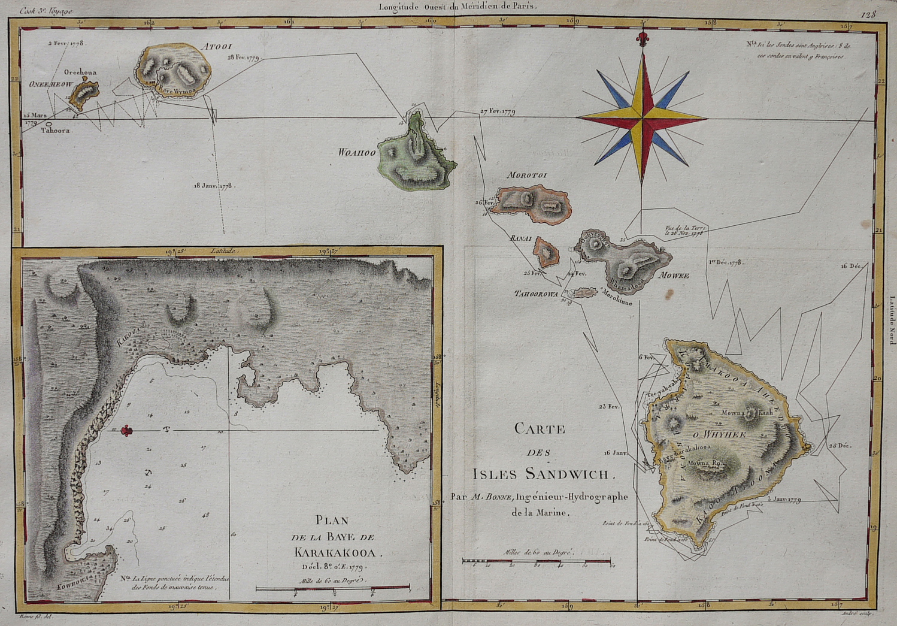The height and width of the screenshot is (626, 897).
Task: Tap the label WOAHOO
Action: pos(357,152)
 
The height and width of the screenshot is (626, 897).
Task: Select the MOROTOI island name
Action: pos(528,175)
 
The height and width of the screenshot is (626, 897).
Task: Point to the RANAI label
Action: pos(520,238)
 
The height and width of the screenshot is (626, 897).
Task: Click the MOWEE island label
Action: pos(674,276)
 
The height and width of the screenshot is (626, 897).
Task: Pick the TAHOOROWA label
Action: pos(536,294)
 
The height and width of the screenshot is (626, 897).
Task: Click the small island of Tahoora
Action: pos(49,124)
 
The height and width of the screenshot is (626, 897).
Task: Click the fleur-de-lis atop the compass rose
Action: pos(642,40)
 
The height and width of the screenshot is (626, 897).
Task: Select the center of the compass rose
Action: pos(642,117)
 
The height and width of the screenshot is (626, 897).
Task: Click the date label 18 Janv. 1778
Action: pos(213,186)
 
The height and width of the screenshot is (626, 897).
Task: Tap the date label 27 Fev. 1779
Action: pos(498,111)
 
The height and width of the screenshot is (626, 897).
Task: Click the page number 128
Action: pos(868,14)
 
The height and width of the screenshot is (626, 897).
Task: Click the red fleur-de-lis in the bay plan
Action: pos(126,430)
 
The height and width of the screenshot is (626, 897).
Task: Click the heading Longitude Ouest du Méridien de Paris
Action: pos(458,7)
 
